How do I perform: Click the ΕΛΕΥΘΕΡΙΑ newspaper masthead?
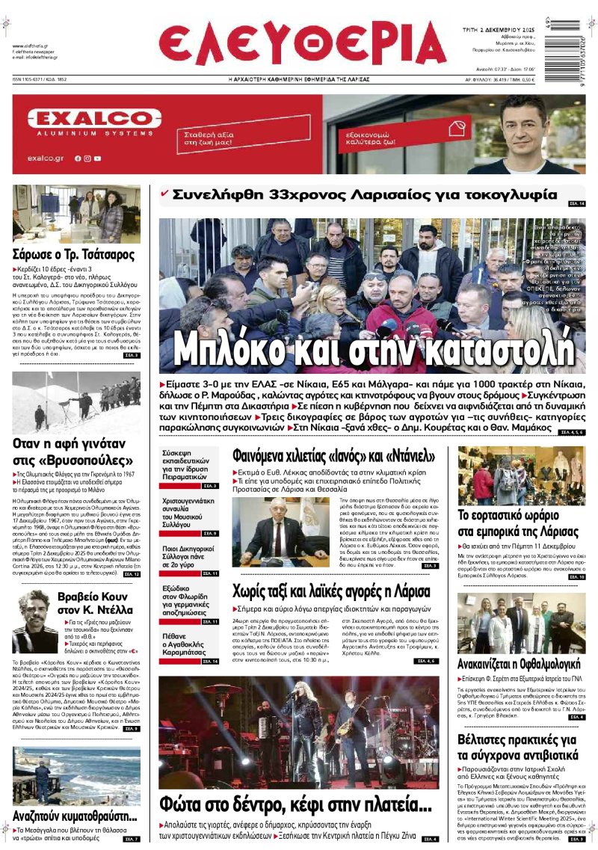tap(302, 43)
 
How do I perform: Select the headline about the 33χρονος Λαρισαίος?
tap(365, 195)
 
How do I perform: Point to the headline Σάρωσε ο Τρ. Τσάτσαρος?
tap(73, 254)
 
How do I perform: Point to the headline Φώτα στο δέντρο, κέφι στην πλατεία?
tap(296, 805)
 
